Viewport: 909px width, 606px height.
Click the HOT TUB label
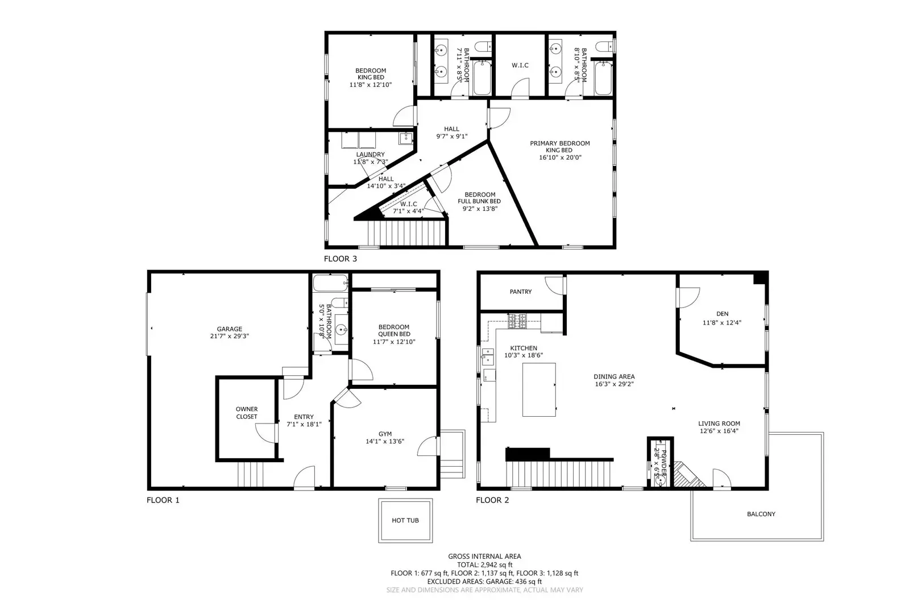[405, 521]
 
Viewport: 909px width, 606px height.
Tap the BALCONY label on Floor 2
[761, 514]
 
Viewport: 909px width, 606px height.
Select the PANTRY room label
[520, 292]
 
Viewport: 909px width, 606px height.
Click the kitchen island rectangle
[539, 390]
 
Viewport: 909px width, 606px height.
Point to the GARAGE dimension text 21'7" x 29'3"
[229, 336]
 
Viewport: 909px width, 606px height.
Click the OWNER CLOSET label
[247, 413]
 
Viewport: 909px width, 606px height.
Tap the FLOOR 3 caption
[341, 259]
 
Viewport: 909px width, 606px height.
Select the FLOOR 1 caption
[163, 500]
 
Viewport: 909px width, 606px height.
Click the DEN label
[722, 314]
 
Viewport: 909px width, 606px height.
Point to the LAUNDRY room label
[370, 155]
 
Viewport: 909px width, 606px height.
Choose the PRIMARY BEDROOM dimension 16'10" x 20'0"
[560, 157]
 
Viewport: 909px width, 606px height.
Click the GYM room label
[385, 434]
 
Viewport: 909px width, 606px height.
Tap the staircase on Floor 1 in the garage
[251, 475]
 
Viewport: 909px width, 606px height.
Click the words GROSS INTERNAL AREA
[484, 557]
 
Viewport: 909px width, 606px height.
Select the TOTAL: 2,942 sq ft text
[484, 565]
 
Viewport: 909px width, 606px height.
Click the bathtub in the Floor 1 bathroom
[330, 283]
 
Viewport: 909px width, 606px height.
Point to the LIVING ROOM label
[719, 424]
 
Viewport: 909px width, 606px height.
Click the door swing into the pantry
[554, 284]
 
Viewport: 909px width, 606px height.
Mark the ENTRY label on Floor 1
[304, 417]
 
